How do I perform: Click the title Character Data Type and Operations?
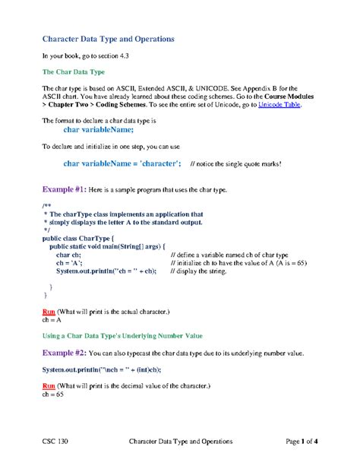click(108, 38)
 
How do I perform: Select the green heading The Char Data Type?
click(72, 72)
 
